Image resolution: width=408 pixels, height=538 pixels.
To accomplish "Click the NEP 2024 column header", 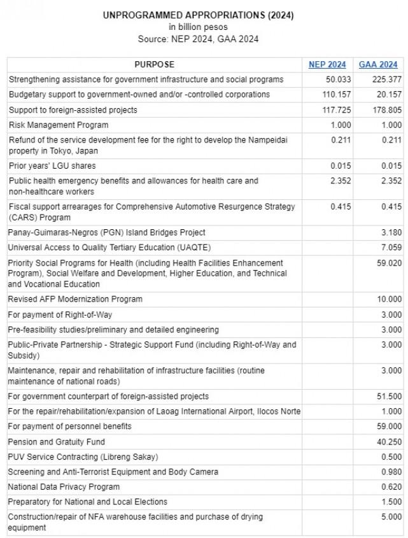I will [327, 64].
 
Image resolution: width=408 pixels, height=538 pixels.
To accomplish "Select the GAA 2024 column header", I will [378, 64].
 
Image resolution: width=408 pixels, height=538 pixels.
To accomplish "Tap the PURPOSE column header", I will [154, 64].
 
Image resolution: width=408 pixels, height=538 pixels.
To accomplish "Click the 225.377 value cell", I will [387, 80].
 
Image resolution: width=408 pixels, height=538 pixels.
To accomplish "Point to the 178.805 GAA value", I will [387, 110].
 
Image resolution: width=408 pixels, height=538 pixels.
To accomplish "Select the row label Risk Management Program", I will [59, 125].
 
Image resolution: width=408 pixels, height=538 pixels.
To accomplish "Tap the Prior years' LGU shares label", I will [52, 166].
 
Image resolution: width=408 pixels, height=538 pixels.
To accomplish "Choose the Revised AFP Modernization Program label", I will [75, 299].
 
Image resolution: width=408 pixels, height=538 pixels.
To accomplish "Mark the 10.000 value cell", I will [389, 299].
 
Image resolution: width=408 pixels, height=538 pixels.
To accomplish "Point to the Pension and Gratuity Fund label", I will [57, 441].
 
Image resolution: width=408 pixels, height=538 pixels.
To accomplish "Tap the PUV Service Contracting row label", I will [83, 457].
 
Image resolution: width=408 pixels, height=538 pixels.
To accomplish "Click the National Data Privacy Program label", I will [64, 486].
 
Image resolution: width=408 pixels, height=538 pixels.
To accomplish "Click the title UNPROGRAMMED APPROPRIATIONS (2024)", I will [198, 15].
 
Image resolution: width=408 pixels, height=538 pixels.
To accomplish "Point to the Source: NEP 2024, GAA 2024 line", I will [198, 39].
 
